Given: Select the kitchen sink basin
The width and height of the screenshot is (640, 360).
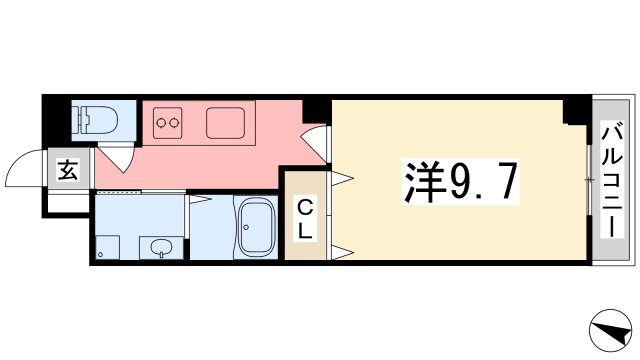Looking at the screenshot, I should click(x=225, y=124).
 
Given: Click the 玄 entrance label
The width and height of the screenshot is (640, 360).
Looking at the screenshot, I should click(x=67, y=170).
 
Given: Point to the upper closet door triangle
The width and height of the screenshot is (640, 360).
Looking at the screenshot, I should click(x=342, y=178).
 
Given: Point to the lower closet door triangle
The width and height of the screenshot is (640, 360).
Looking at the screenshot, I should click(x=342, y=250).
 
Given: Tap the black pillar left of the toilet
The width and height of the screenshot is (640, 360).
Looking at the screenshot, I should click(x=56, y=119).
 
